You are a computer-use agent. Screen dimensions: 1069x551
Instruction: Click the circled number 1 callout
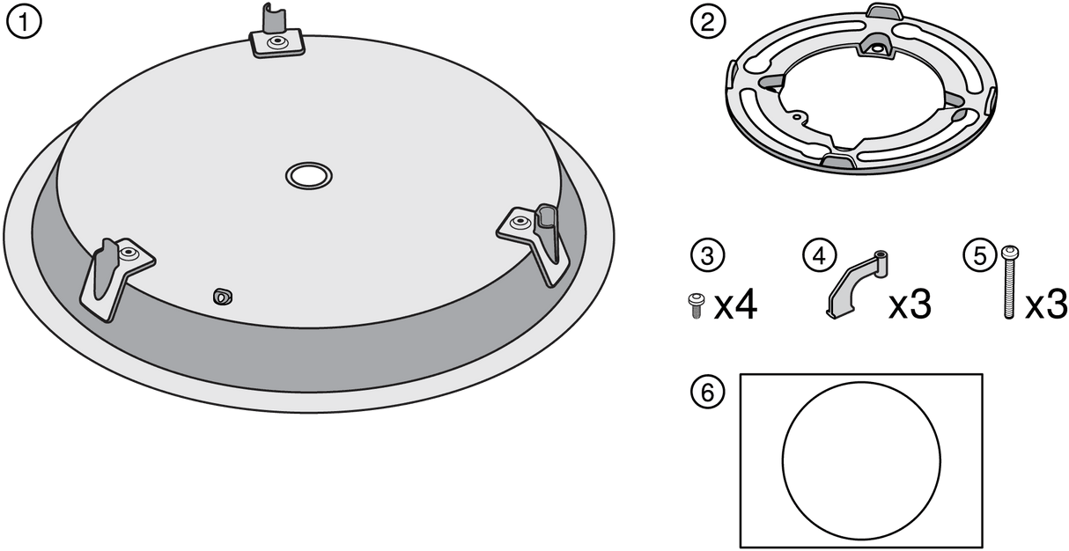[x=24, y=21]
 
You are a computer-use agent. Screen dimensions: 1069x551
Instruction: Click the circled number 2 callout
[x=708, y=21]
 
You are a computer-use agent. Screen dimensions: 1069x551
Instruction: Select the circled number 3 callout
[x=708, y=255]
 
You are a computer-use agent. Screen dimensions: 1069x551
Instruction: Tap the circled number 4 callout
[x=820, y=255]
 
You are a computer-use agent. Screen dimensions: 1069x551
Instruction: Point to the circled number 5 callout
[x=980, y=255]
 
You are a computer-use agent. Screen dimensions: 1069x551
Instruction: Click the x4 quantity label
[x=735, y=306]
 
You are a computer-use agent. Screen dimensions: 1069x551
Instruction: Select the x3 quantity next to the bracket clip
[x=910, y=305]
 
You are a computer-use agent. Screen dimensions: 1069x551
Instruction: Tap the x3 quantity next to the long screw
[x=1046, y=305]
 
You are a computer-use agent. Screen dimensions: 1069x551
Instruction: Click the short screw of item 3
[x=696, y=305]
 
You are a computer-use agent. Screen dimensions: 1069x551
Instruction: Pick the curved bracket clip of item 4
[x=857, y=284]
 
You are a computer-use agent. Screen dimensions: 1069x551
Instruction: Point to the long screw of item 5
[x=1009, y=283]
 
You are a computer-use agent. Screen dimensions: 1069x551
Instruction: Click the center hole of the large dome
[x=309, y=176]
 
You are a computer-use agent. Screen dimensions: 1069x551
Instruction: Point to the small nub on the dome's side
[x=223, y=297]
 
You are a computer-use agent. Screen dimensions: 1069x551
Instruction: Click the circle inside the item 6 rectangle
[x=861, y=461]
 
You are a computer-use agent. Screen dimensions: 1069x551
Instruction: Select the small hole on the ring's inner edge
[x=796, y=115]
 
